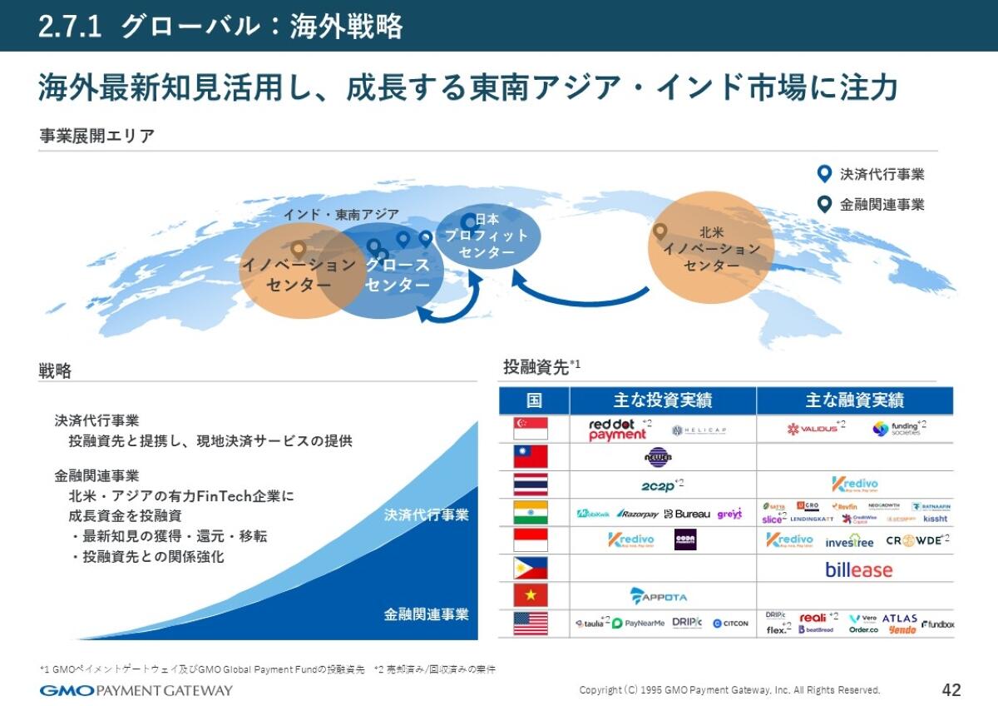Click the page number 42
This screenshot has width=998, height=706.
(951, 689)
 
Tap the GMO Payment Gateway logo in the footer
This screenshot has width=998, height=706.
(136, 690)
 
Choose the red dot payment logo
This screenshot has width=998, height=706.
(618, 430)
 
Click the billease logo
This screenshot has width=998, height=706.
(858, 569)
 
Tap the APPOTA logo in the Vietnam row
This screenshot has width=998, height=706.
(659, 596)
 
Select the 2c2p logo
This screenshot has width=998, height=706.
(660, 485)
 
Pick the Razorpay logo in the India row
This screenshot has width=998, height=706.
(637, 514)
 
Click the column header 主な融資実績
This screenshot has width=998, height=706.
(854, 400)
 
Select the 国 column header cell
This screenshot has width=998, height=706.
(533, 400)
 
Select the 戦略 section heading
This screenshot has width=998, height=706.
(55, 370)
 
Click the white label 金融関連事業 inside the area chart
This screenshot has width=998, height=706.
(426, 614)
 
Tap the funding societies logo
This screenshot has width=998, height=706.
(898, 429)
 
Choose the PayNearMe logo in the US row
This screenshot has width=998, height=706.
(638, 624)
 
